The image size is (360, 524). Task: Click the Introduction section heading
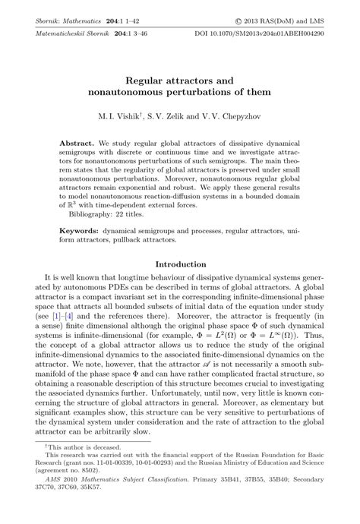tap(179, 264)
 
